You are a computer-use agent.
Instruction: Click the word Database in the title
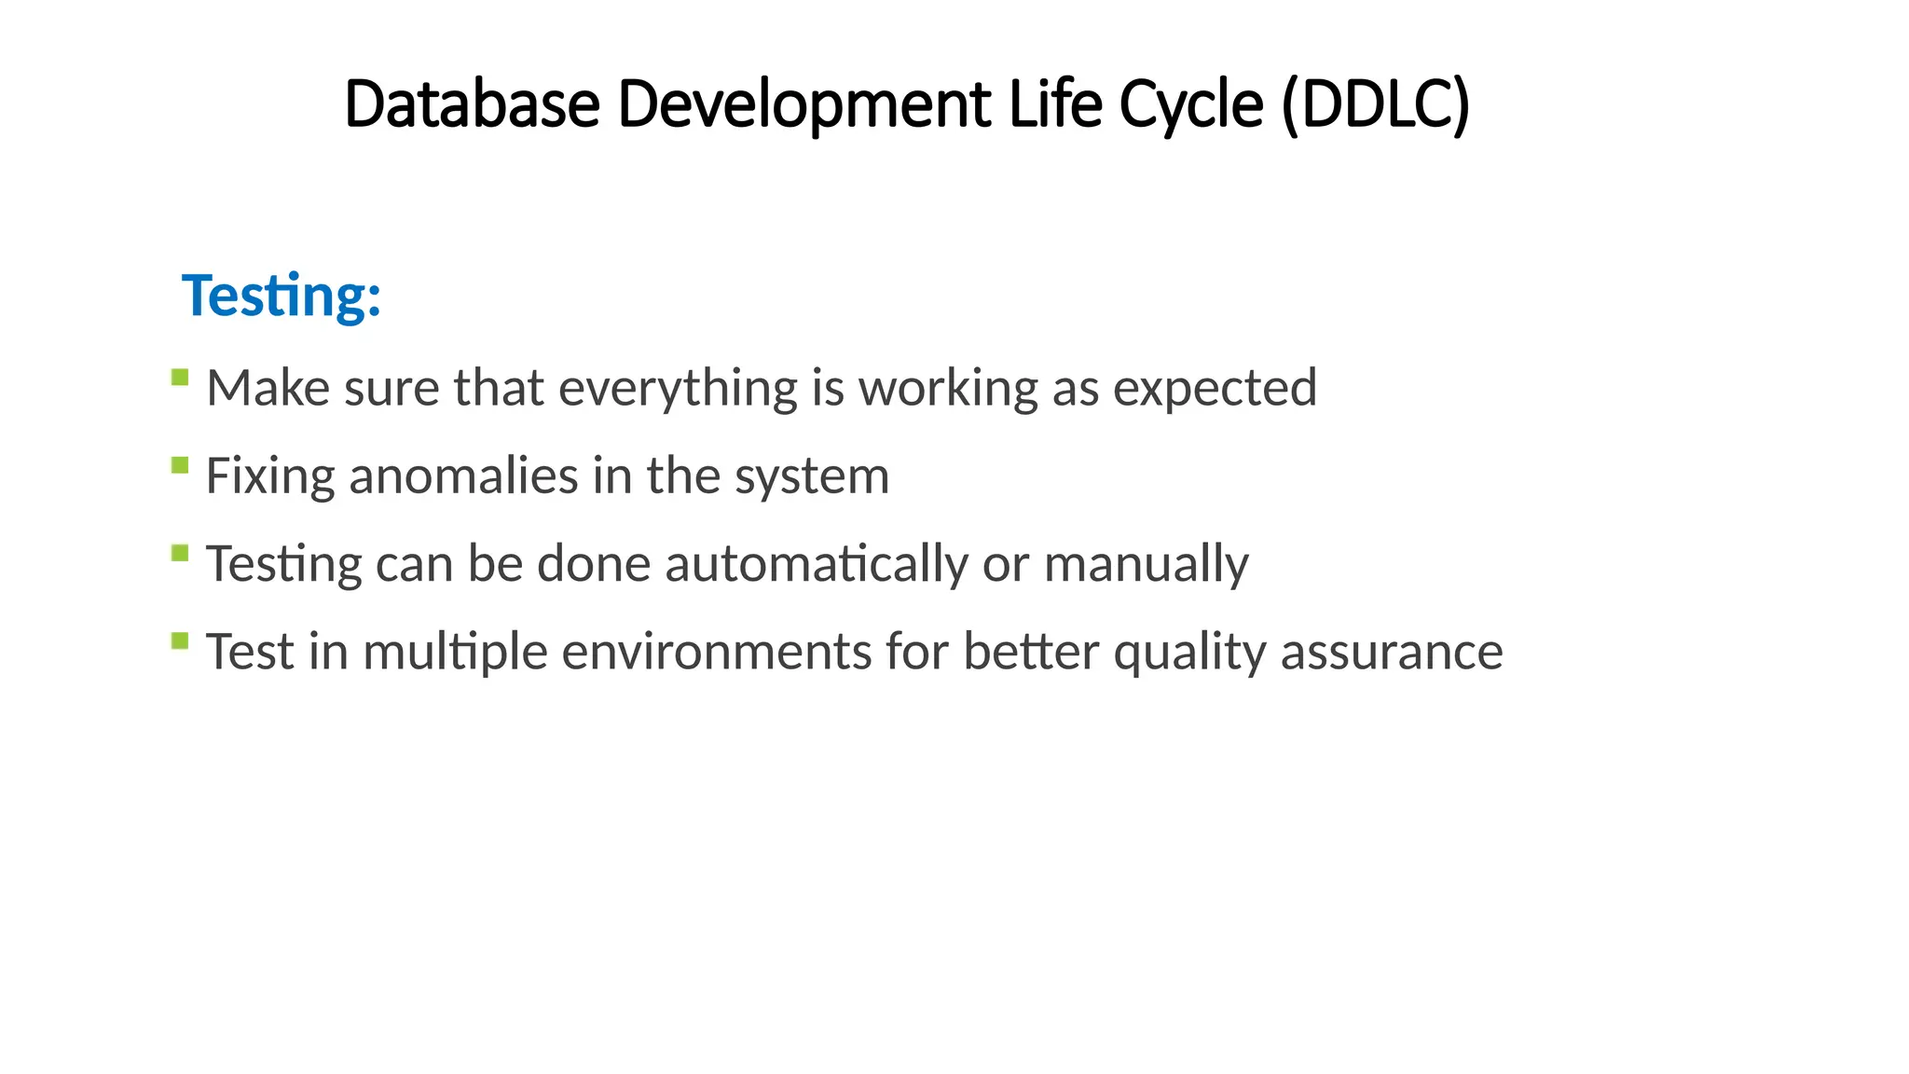472,103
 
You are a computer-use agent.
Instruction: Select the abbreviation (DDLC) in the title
1376,103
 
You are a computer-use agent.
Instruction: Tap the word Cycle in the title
1191,105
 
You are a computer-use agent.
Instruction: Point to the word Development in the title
804,105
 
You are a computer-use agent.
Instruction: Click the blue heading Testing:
282,296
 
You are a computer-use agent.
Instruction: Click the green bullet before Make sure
181,378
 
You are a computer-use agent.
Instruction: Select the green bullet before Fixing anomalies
181,465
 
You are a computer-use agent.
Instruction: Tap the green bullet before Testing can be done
181,554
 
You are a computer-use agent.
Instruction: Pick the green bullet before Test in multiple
181,640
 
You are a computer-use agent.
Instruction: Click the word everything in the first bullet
678,389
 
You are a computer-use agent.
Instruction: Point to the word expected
1215,389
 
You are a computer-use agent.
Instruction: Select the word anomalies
463,475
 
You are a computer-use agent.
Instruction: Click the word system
812,477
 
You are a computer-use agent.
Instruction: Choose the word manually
1146,564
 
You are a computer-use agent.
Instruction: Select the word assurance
1392,651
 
